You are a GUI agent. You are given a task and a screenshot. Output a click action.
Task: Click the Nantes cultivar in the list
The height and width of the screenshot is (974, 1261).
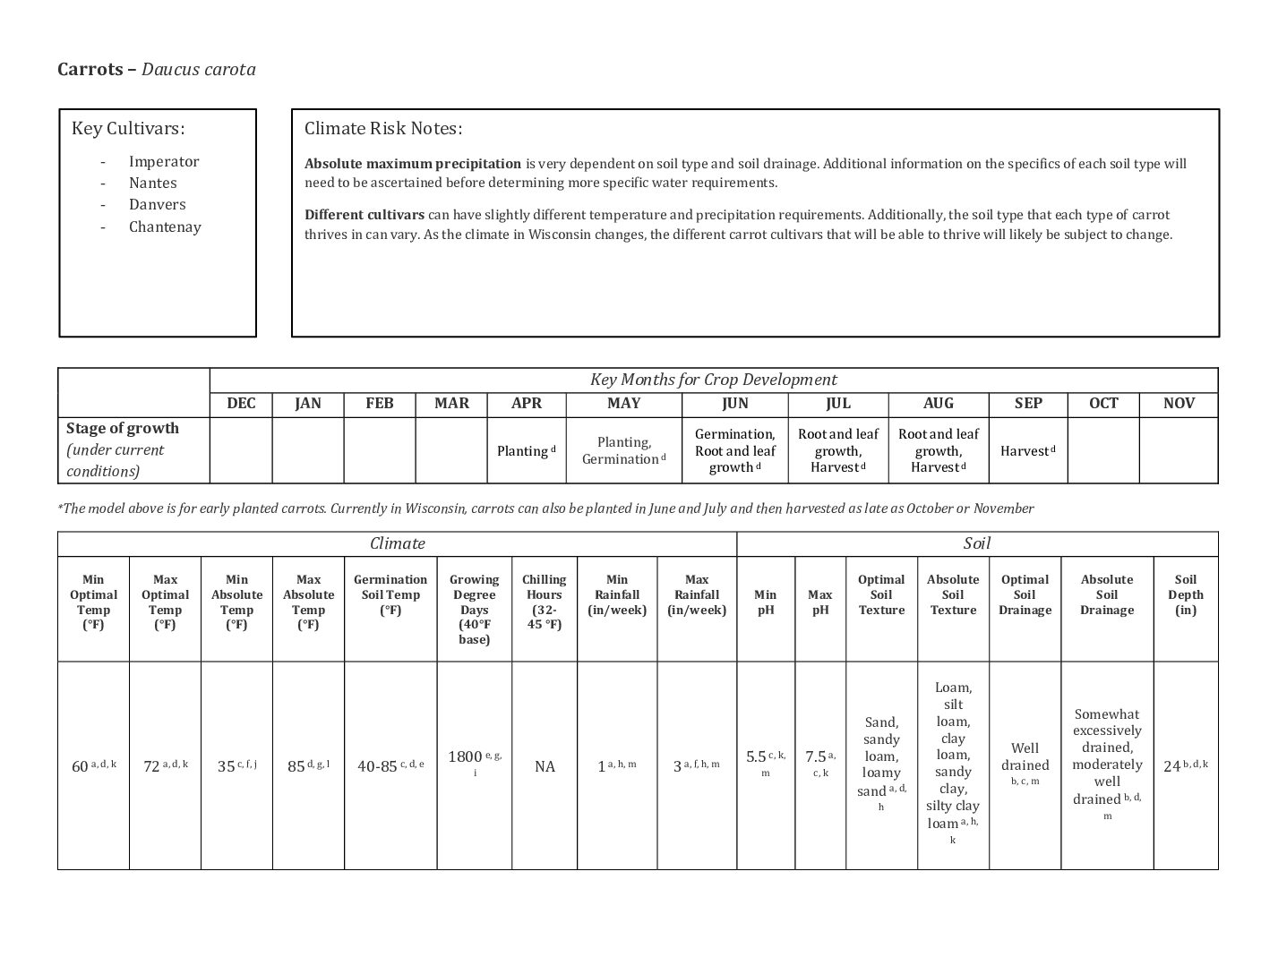152,183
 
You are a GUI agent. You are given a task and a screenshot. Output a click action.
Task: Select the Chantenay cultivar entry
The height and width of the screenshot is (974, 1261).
165,226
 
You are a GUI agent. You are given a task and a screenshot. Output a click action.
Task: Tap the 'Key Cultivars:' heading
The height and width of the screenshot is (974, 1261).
128,129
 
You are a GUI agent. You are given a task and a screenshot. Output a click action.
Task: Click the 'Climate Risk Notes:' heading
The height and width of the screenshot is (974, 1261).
383,129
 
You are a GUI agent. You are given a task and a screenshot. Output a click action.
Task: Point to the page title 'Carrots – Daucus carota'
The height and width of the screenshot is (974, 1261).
157,70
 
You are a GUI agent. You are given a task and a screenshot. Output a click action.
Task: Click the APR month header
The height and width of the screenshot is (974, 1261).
527,403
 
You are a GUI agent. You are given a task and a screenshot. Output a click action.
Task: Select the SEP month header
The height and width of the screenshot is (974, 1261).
1028,403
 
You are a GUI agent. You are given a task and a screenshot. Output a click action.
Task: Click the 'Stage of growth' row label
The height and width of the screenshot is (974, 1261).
123,429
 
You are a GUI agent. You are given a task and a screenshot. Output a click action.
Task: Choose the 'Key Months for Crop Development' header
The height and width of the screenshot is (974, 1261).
713,380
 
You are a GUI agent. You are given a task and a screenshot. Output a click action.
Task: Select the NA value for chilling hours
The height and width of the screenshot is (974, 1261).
545,766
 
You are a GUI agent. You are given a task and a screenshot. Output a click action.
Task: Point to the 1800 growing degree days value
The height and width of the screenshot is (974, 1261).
466,757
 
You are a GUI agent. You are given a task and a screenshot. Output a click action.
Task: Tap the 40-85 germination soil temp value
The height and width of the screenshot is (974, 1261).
377,766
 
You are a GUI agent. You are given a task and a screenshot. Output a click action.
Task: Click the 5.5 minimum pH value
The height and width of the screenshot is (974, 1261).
756,757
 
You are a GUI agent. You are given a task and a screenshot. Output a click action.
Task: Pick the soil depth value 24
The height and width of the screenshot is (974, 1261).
1172,766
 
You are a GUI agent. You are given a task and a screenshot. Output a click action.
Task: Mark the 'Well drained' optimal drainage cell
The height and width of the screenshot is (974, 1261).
1025,756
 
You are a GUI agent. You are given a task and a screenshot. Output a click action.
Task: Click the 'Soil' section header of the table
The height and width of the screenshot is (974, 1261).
977,543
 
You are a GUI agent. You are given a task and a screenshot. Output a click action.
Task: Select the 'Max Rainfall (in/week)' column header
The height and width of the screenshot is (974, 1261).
697,594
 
